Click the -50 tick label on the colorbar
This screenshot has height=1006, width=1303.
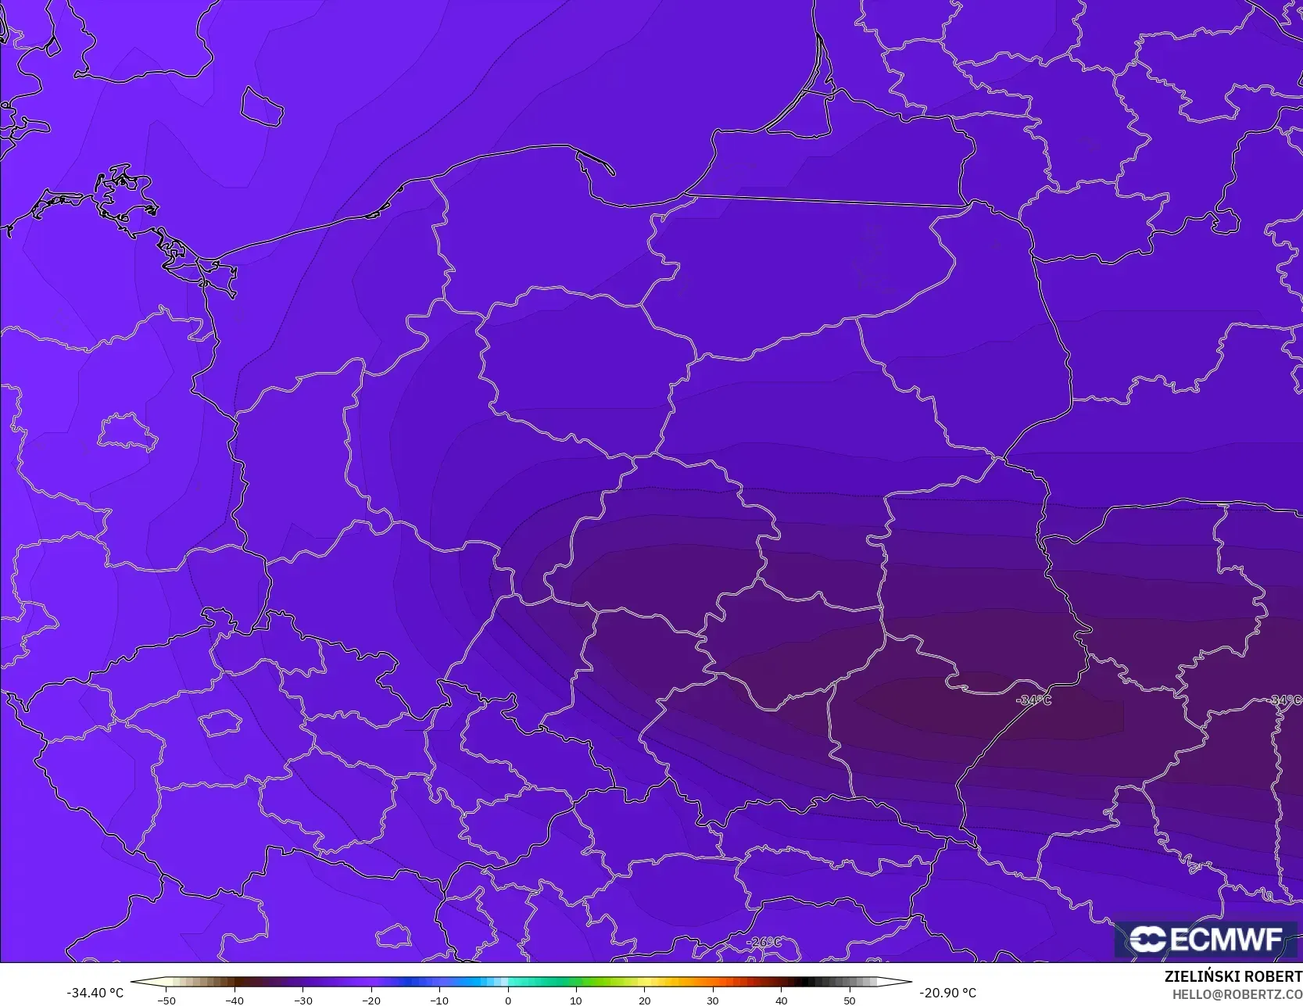pos(166,1000)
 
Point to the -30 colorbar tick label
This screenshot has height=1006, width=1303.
pos(302,1000)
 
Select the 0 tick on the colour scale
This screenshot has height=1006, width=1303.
pos(507,1000)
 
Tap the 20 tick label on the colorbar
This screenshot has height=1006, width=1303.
pos(644,1000)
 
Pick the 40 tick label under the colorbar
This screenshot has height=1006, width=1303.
pos(781,1000)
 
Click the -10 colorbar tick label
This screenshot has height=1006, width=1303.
pos(439,1000)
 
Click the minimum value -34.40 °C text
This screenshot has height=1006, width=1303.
pos(95,993)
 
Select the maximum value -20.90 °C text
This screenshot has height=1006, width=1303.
pos(947,993)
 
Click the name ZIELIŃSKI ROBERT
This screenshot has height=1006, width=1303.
pos(1233,976)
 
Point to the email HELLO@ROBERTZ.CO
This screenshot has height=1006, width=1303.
pos(1237,993)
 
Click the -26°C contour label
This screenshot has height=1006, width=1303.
pos(764,942)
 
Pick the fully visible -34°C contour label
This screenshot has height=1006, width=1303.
pos(1033,700)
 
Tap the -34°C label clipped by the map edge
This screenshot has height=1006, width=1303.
pos(1286,700)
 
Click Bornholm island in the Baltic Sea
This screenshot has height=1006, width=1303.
pos(260,106)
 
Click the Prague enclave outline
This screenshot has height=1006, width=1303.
pos(220,723)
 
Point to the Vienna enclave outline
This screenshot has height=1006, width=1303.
pos(393,936)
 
